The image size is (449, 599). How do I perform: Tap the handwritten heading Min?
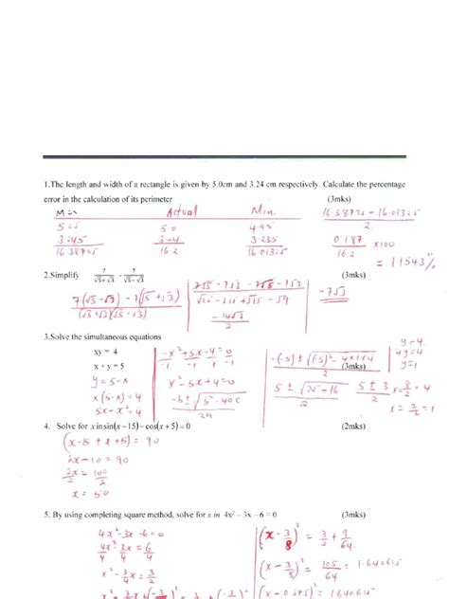(261, 213)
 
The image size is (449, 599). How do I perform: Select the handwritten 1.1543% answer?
(404, 259)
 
